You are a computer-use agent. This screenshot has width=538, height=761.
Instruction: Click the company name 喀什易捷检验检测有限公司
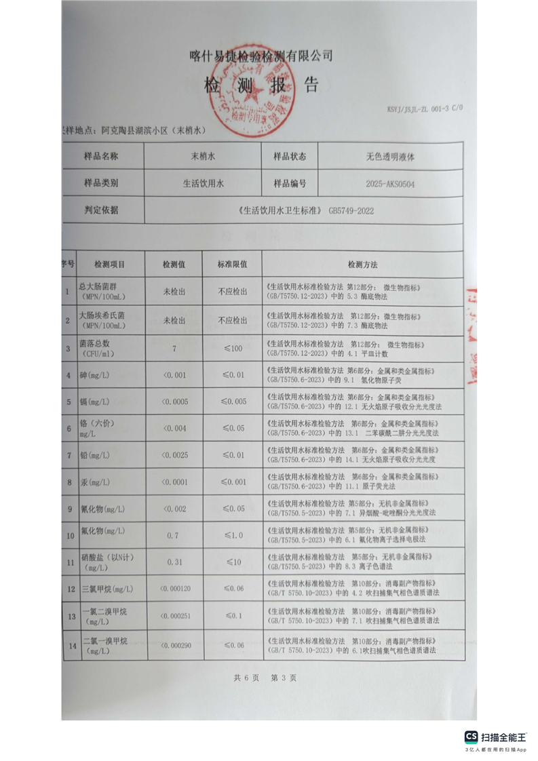(x=261, y=56)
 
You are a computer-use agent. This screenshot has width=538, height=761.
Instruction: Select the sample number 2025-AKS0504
(x=390, y=183)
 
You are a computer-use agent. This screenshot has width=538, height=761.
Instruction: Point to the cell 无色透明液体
(x=390, y=156)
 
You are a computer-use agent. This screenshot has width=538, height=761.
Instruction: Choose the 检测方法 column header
(x=362, y=265)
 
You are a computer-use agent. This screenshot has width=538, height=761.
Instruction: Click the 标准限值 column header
(x=232, y=265)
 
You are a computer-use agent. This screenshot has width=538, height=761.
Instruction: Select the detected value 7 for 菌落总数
(x=174, y=349)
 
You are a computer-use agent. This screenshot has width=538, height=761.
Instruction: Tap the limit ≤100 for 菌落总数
(x=232, y=349)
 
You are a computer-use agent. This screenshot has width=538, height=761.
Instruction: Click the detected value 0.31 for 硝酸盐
(x=174, y=562)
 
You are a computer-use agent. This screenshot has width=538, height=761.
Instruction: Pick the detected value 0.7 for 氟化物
(x=173, y=536)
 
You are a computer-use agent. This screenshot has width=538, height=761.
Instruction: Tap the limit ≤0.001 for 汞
(x=232, y=482)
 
